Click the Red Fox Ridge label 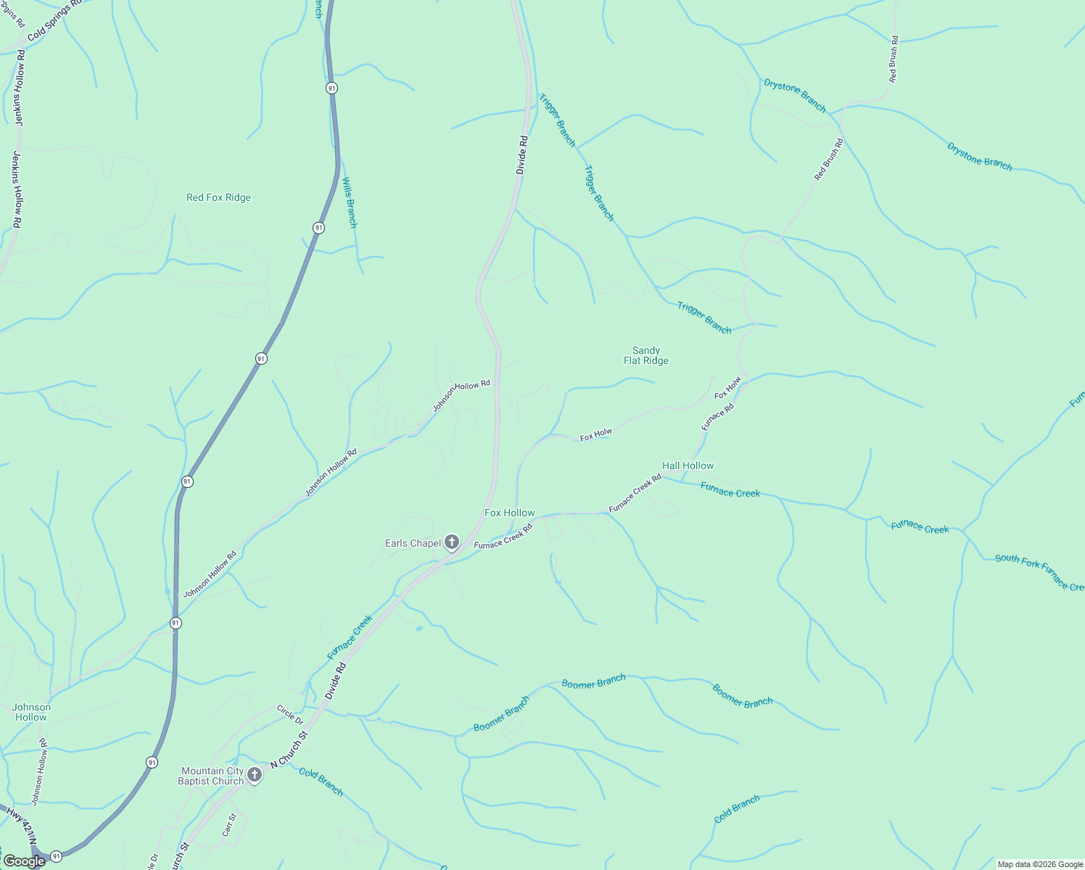tap(218, 197)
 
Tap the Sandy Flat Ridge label tap(645, 355)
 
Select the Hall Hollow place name tap(688, 465)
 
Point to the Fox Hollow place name tap(509, 513)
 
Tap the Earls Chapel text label tap(413, 543)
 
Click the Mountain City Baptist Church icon tap(255, 775)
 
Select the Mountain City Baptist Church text tap(212, 776)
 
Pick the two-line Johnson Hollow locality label tap(31, 712)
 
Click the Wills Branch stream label tap(350, 202)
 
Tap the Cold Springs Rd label tap(54, 21)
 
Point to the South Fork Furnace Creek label tap(1040, 571)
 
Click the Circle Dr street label tap(289, 714)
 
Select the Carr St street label tap(229, 825)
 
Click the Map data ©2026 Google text tap(1040, 864)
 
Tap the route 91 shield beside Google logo tap(56, 856)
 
